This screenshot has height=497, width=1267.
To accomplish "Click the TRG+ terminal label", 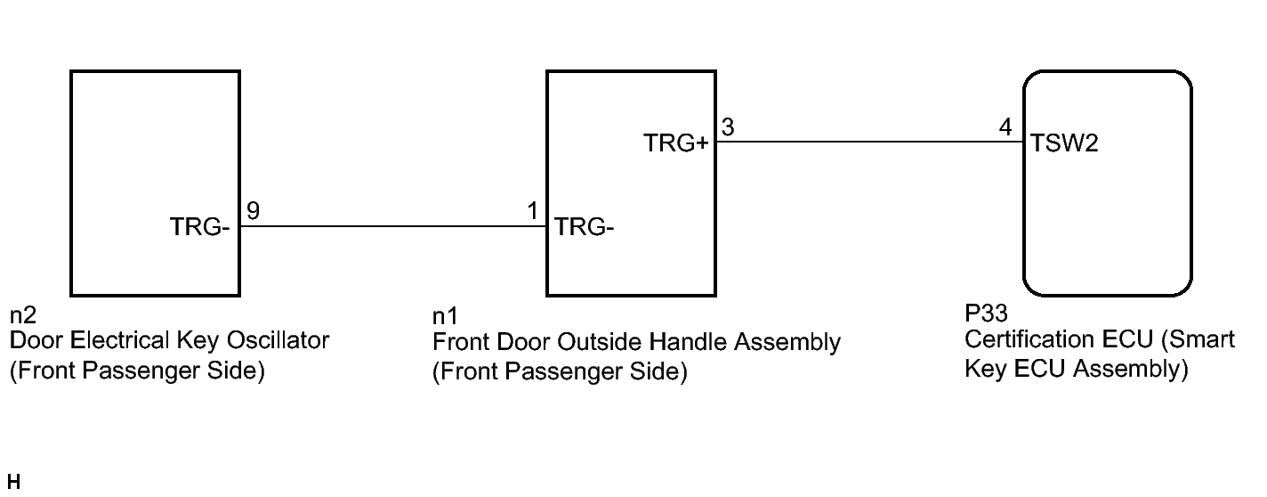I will coord(675,143).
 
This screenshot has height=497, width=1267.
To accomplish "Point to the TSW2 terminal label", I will coord(1064,143).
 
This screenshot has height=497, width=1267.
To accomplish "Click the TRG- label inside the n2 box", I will coord(200,228).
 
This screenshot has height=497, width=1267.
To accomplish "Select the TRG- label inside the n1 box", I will coord(585,228).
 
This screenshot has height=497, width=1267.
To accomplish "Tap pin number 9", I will coord(253,211).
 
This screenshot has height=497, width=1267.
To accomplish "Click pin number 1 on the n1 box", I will coord(533,211).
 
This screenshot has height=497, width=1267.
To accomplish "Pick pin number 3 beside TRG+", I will coord(727,126).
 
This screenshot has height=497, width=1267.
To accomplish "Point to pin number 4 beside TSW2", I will coord(1005,126).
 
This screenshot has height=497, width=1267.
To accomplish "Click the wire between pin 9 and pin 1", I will coord(393,226).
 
